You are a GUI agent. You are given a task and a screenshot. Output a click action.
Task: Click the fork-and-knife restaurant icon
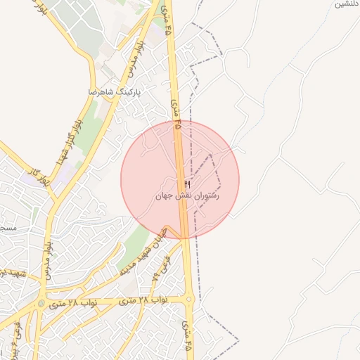click(x=187, y=184)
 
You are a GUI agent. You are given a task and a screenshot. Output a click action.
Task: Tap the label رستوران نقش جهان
click(x=188, y=197)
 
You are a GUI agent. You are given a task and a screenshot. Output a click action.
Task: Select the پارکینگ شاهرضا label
click(x=115, y=92)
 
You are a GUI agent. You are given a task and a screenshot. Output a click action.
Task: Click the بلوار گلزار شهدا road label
click(x=72, y=133)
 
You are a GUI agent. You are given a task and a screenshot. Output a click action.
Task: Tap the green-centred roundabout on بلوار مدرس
click(x=42, y=304)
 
